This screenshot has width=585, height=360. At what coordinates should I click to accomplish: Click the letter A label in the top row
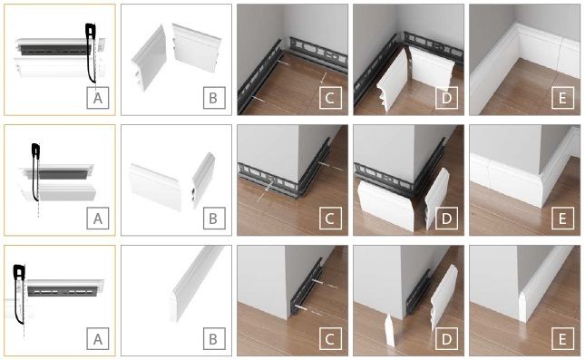point(98,98)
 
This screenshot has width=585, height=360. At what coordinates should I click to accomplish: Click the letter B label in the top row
point(214,98)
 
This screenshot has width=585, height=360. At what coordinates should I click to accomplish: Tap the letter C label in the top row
point(330,98)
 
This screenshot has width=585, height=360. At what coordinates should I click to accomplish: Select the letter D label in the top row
point(446,98)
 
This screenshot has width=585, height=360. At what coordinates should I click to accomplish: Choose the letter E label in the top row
point(562,98)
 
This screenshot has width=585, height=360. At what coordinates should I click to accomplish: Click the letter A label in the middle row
point(98,219)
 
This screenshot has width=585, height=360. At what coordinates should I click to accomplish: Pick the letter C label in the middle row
point(330,219)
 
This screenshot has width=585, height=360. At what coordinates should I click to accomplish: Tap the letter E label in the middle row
point(562,219)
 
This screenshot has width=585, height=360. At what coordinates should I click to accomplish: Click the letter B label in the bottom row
point(214,339)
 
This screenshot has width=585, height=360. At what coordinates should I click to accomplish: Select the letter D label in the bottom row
point(446,339)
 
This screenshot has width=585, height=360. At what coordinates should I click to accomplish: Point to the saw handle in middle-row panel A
point(35,150)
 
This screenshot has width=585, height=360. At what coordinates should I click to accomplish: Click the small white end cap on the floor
point(389,330)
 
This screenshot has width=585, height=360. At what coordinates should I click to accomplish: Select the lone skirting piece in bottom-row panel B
point(196,284)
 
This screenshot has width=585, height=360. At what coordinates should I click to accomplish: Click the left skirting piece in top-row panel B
point(150,58)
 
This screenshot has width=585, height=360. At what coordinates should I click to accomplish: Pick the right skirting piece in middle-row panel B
point(203,180)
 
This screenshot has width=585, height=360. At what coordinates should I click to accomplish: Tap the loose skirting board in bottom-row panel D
point(444,298)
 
